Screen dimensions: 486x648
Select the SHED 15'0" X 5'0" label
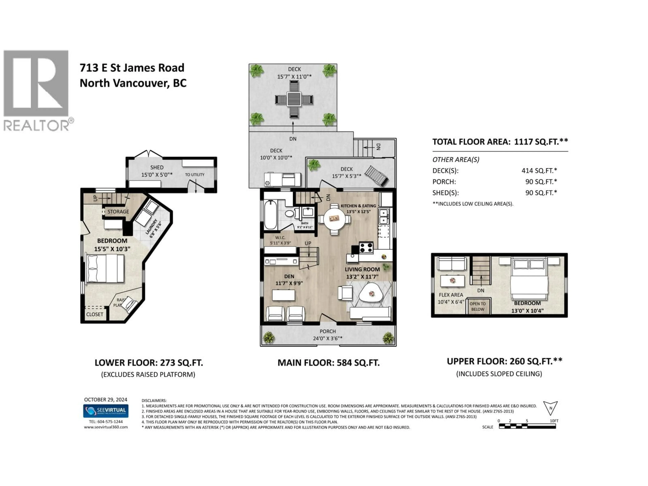tap(157, 171)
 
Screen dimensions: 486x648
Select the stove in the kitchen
tap(366, 248)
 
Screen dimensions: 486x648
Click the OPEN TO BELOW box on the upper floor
tap(478, 306)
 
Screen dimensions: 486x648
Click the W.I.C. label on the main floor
tap(280, 238)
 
